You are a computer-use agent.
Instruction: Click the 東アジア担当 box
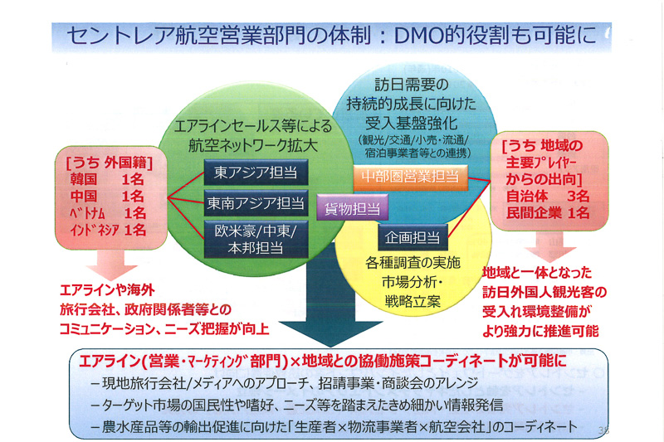click(256, 172)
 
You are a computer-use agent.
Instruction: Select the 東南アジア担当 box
click(256, 202)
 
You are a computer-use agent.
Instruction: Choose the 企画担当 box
click(413, 237)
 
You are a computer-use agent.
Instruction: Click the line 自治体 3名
click(547, 197)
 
